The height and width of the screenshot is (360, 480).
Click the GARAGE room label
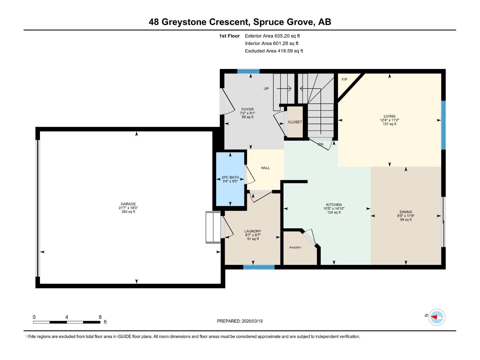pyautogui.click(x=128, y=204)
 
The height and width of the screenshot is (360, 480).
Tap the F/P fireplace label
pyautogui.click(x=344, y=79)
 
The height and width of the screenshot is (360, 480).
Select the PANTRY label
pyautogui.click(x=295, y=248)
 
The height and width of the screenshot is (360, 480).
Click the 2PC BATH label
pyautogui.click(x=230, y=177)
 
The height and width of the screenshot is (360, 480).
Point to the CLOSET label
pyautogui.click(x=295, y=122)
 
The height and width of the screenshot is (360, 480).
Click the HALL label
pyautogui.click(x=265, y=168)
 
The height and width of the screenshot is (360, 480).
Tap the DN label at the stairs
pyautogui.click(x=321, y=144)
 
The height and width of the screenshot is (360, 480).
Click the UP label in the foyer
pyautogui.click(x=266, y=89)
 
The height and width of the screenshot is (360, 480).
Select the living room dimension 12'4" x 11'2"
pyautogui.click(x=389, y=120)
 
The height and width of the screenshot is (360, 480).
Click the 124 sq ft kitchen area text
pyautogui.click(x=334, y=212)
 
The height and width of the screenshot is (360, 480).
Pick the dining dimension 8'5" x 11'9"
pyautogui.click(x=406, y=216)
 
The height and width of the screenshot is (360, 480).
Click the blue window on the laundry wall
pyautogui.click(x=259, y=267)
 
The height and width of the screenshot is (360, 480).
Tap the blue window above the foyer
pyautogui.click(x=248, y=71)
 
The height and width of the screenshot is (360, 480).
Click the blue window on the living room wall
pyautogui.click(x=443, y=125)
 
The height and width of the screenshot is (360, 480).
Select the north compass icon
pyautogui.click(x=436, y=317)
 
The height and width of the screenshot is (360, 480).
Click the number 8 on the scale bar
pyautogui.click(x=100, y=317)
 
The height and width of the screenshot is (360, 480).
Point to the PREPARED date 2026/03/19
pyautogui.click(x=251, y=321)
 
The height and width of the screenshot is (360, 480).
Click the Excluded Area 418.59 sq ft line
pyautogui.click(x=274, y=51)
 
